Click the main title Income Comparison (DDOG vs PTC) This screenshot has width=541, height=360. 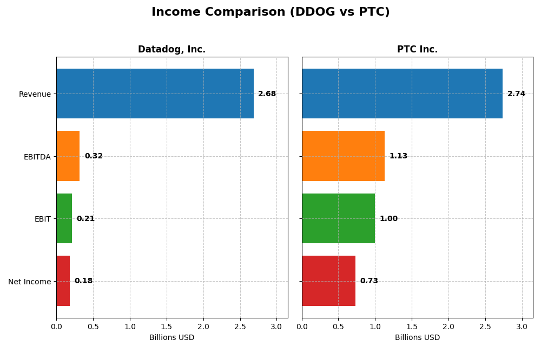tap(270, 12)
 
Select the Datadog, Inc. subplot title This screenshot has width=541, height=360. tap(171, 49)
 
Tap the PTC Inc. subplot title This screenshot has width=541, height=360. tap(417, 49)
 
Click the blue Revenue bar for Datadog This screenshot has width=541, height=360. tap(155, 94)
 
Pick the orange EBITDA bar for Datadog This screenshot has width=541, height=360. tap(68, 156)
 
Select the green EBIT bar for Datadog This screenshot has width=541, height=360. tap(64, 218)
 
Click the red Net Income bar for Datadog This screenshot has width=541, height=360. tap(63, 281)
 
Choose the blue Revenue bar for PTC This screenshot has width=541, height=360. tap(402, 94)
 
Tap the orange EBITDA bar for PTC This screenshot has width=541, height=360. tap(343, 156)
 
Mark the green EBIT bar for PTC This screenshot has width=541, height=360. tap(338, 218)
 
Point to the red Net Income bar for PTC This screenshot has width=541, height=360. tap(328, 281)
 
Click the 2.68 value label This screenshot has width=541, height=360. tap(267, 94)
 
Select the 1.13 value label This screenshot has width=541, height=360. tap(398, 156)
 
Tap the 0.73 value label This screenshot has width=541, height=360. tap(369, 281)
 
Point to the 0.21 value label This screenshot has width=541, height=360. tap(85, 219)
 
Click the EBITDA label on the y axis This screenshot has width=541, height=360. tap(37, 157)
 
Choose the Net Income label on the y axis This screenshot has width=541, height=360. tap(29, 282)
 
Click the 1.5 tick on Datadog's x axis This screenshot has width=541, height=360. tap(167, 327)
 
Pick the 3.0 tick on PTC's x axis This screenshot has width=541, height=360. tap(522, 327)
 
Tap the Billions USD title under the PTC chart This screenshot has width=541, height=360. tap(417, 338)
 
